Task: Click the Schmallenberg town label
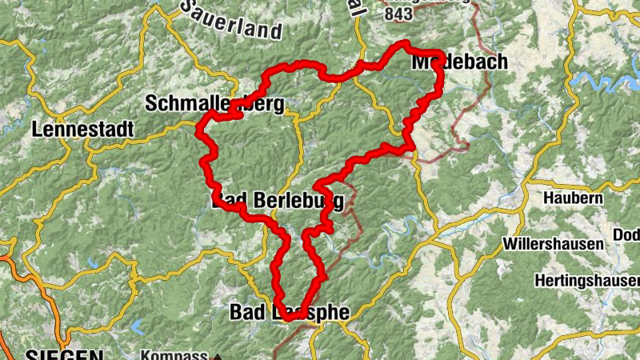(x=214, y=103)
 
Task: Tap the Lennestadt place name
(x=82, y=128)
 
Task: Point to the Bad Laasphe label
(x=290, y=311)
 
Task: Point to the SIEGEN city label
(x=63, y=354)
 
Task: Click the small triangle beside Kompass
(x=216, y=357)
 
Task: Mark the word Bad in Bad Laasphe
(x=245, y=311)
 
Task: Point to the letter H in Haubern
(x=548, y=197)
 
